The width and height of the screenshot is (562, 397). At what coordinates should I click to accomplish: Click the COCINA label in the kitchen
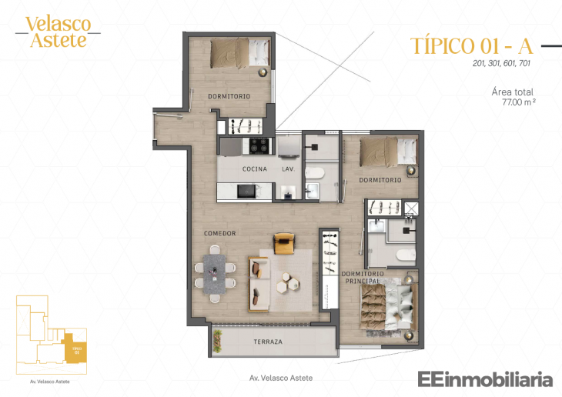[x=254, y=168]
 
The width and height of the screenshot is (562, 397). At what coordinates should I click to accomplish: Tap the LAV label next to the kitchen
[x=287, y=168]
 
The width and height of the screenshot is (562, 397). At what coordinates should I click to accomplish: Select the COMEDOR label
[x=219, y=233]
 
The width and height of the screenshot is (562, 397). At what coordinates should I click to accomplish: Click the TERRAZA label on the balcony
[x=267, y=341]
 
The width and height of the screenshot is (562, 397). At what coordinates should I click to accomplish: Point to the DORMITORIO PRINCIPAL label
[x=361, y=277]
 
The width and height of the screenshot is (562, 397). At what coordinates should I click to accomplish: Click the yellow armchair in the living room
[x=283, y=243]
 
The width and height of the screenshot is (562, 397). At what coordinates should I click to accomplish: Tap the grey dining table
[x=216, y=271]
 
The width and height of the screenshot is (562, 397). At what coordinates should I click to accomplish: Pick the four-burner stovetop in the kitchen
[x=256, y=145]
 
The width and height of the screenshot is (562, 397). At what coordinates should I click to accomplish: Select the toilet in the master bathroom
[x=403, y=255]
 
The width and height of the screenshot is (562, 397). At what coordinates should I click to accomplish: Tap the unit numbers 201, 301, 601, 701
[x=502, y=64]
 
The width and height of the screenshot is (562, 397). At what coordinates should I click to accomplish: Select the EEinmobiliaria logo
[x=485, y=379]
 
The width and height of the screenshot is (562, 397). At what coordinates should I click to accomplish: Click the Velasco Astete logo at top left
[x=58, y=32]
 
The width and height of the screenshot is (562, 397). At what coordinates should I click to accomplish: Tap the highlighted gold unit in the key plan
[x=75, y=349]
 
